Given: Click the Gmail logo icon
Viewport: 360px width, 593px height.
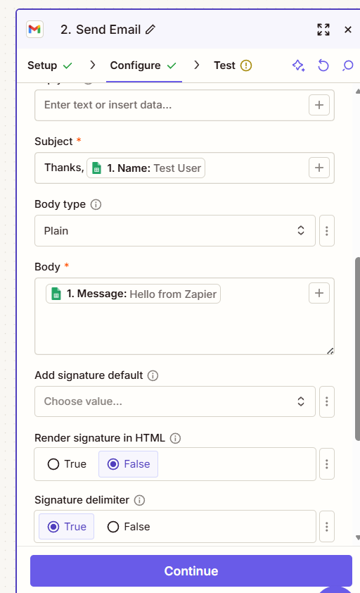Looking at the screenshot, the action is tap(34, 30).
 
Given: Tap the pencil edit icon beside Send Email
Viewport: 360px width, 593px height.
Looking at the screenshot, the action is tap(150, 30).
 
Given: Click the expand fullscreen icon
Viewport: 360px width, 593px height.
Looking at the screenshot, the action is tap(323, 30).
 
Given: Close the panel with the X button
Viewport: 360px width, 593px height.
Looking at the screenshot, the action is tap(348, 30).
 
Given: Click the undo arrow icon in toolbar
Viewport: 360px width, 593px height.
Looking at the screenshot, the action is tap(323, 65).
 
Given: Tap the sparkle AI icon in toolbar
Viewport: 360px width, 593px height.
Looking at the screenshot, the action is tap(298, 65).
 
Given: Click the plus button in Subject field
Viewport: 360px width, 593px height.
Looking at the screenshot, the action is tap(319, 168).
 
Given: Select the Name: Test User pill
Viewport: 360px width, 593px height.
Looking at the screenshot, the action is tap(146, 168).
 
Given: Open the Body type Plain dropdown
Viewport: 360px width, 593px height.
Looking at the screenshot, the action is tap(175, 231).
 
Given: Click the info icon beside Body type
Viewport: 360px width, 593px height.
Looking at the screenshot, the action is tap(96, 205).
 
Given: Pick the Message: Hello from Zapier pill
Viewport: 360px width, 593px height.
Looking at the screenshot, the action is tap(133, 294).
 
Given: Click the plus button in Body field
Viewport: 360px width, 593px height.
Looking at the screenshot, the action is tap(319, 293).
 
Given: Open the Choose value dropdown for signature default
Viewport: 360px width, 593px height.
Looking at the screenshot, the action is tap(175, 401).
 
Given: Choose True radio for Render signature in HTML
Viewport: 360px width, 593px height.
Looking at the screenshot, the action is tap(53, 464).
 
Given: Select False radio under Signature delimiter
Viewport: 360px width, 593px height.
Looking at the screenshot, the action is tap(113, 527).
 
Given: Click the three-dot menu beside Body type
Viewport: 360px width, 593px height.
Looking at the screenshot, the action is tap(327, 231).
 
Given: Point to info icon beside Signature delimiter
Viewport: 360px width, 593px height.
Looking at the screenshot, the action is tap(139, 500).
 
